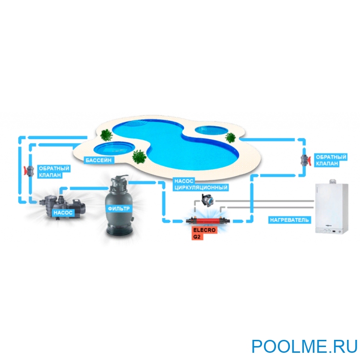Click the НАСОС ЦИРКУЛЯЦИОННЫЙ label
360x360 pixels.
point(200,184)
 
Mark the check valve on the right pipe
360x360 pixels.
point(305,160)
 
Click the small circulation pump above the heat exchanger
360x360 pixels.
point(206,198)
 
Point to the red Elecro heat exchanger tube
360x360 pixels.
point(206,222)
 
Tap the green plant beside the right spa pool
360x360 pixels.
point(231,138)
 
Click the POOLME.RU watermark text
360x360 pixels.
point(304,346)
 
